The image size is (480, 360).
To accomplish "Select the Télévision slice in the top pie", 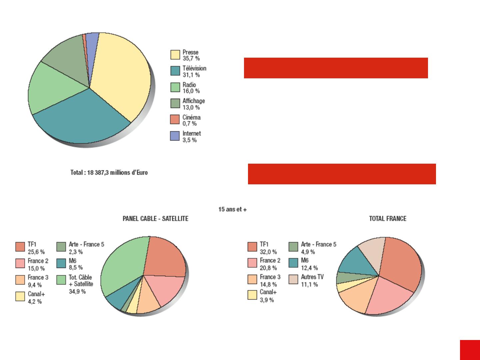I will point(83,120).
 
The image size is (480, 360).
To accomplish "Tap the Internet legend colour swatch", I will point(175,136).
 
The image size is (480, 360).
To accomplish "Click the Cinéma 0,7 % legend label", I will point(191,120).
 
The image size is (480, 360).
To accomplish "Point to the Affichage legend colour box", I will point(175,104).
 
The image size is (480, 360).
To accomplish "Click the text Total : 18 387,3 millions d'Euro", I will point(109,173).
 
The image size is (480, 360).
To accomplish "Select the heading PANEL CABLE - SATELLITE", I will point(156,219).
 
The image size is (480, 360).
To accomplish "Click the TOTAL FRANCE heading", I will point(388,219).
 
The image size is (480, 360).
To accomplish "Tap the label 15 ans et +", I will point(232,210).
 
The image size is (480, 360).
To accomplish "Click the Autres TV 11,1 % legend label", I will point(312,281).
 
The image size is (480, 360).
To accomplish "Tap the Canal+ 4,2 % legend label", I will point(36,298).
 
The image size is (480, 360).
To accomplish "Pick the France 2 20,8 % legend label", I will point(270,264).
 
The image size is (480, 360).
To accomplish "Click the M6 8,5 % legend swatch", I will point(61,263).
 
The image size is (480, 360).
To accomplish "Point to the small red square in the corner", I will point(470,350).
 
